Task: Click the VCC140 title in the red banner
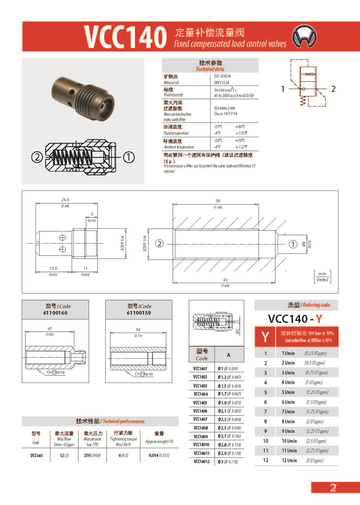click(125, 36)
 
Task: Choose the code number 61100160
click(55, 312)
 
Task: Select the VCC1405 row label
click(200, 402)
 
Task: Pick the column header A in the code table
click(228, 355)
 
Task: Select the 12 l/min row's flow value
click(289, 460)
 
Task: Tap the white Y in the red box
click(265, 336)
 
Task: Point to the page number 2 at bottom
click(333, 487)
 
